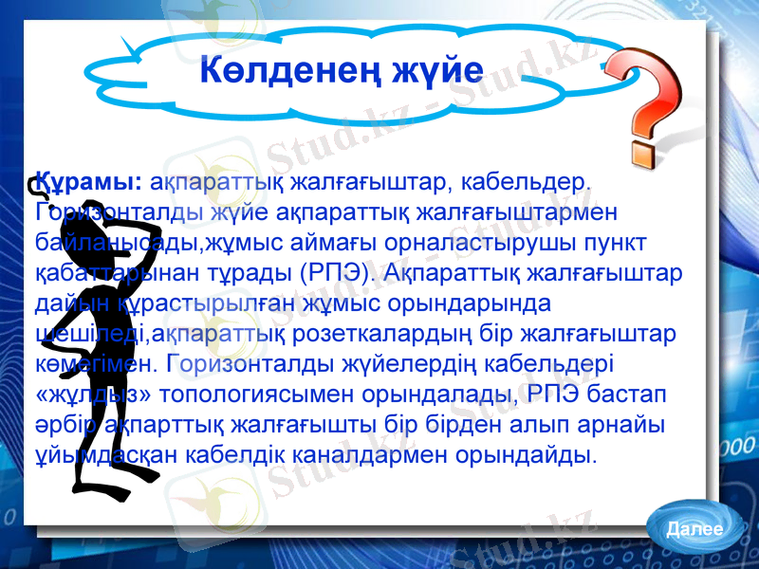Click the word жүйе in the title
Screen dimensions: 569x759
435,71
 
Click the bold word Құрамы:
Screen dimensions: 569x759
90,181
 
